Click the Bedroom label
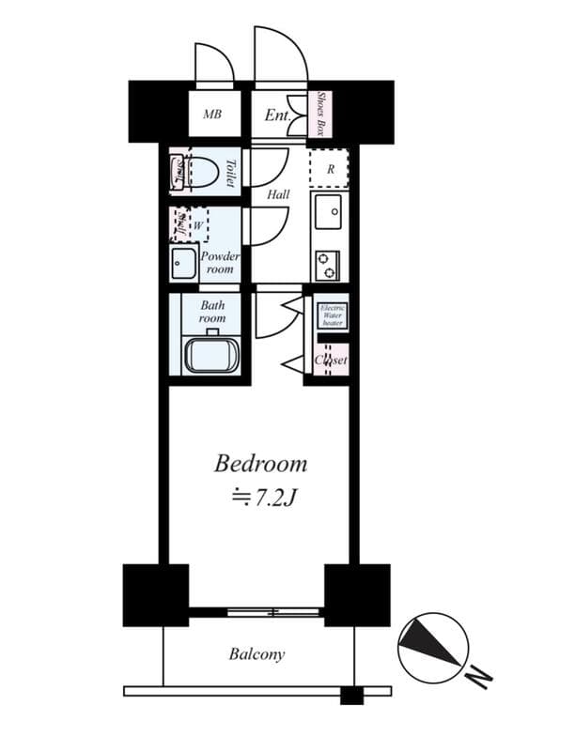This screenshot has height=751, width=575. click(260, 463)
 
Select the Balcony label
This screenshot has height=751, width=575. click(256, 654)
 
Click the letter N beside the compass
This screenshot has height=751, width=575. click(480, 675)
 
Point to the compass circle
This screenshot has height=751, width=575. click(432, 646)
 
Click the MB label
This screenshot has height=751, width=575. click(213, 115)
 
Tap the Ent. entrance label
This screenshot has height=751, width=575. click(277, 115)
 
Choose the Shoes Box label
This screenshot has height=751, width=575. click(321, 115)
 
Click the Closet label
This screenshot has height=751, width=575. click(331, 360)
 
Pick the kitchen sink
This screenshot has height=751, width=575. click(330, 215)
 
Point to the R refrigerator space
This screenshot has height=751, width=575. click(331, 170)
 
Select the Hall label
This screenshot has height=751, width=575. click(277, 195)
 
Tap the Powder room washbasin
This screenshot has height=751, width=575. click(184, 264)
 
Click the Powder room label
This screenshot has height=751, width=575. click(221, 263)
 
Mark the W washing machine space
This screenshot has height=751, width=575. click(198, 225)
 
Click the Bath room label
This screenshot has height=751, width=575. click(213, 312)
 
